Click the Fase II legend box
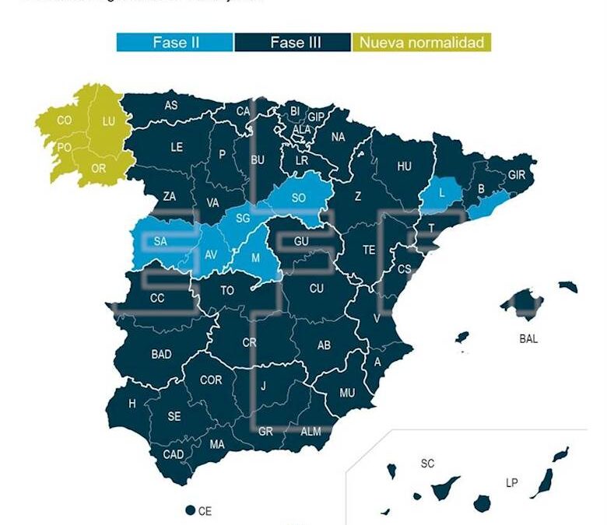(175, 42)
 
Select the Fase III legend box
(292, 42)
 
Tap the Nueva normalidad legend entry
(422, 42)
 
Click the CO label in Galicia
(65, 121)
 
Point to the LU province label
(108, 121)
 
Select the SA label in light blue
(160, 241)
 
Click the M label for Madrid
(255, 257)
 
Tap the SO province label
(298, 198)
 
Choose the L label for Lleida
(441, 192)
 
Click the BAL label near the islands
(528, 338)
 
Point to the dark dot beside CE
(190, 510)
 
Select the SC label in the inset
(427, 464)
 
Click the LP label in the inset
(511, 483)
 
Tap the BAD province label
(161, 355)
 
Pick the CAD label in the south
(174, 454)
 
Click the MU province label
(347, 393)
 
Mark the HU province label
(404, 166)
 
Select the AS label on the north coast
(170, 105)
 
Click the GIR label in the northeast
(517, 176)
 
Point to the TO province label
(227, 291)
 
